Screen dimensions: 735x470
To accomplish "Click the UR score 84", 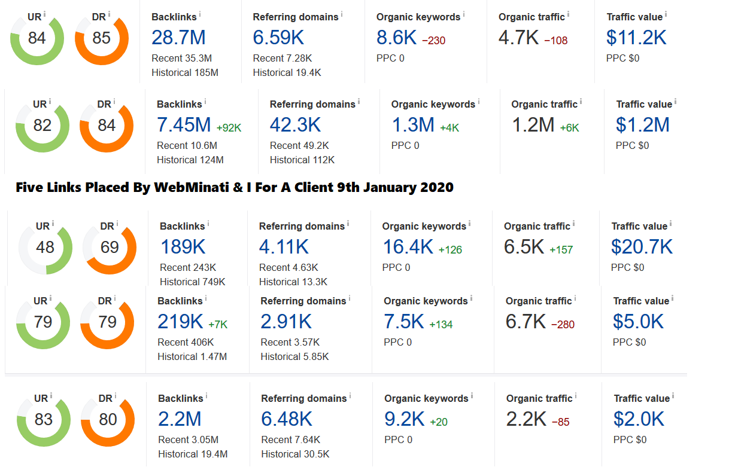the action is tap(37, 38).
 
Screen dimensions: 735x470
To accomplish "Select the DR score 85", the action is tap(101, 38).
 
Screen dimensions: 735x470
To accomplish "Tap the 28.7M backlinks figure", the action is tap(178, 37).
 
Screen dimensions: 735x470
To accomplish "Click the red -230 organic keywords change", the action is tap(433, 40).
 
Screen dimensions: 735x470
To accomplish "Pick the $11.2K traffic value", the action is tap(636, 37).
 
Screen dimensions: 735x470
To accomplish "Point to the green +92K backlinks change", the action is tap(229, 127).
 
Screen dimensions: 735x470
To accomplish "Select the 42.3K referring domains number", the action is tap(295, 125).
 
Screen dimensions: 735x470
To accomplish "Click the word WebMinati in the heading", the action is tap(192, 187).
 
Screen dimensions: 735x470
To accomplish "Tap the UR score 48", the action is tap(45, 247).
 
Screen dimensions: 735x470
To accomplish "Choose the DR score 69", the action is tap(110, 247).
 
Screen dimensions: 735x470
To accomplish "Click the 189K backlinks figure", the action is tap(183, 247).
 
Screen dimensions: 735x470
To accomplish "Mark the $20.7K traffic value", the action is tap(642, 247).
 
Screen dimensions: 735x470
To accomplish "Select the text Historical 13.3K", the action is tap(293, 282).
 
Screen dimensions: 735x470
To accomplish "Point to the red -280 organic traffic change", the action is tap(563, 325).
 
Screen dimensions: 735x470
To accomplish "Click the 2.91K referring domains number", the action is tap(286, 322).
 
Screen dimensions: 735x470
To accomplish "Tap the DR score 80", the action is tap(108, 420).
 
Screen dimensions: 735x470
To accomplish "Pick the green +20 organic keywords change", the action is tap(439, 422).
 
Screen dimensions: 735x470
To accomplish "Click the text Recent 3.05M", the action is tap(189, 440).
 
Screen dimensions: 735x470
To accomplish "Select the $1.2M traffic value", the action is tap(642, 125).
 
